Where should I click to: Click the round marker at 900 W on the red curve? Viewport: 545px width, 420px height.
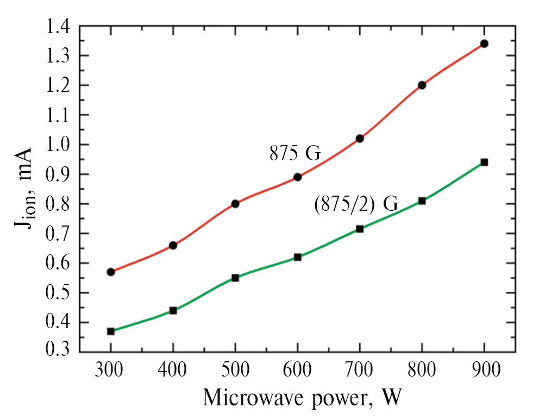click(484, 43)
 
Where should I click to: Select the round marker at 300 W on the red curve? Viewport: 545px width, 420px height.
click(111, 272)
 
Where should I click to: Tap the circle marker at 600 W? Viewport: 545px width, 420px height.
click(298, 177)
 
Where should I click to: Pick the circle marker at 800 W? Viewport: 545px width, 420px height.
click(422, 85)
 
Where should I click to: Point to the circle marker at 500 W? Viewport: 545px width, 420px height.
click(235, 204)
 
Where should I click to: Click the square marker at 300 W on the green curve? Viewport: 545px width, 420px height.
click(111, 331)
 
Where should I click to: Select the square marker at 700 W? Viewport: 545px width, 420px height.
click(360, 229)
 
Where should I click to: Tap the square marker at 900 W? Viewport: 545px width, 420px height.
click(484, 162)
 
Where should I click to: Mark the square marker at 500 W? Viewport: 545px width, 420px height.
click(235, 278)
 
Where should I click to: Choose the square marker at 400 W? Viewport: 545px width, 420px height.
click(173, 310)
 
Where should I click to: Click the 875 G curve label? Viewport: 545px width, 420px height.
click(295, 154)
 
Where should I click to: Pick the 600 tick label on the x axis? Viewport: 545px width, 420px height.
click(297, 374)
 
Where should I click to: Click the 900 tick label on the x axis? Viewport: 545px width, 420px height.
click(484, 374)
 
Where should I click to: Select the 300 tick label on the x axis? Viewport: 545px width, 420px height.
click(111, 374)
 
